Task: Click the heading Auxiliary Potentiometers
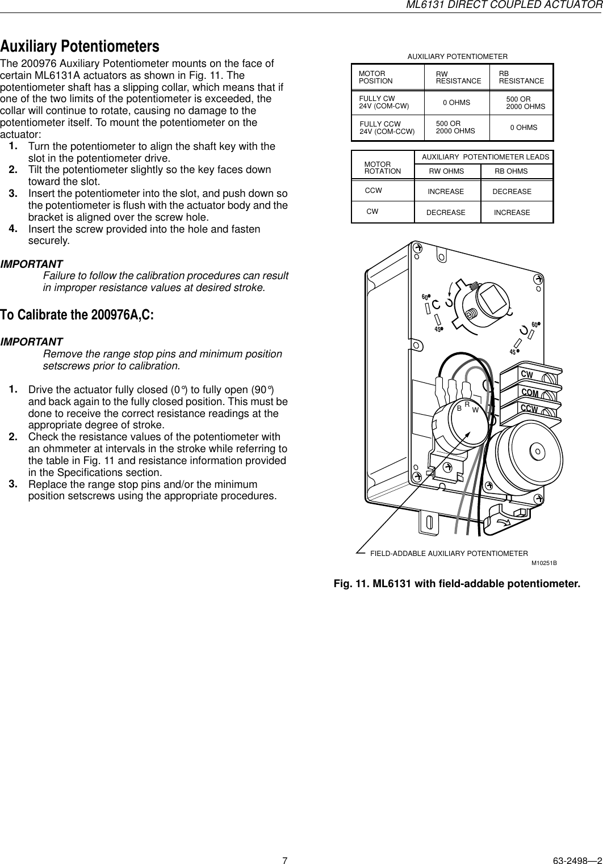79,45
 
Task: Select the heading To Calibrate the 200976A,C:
77,315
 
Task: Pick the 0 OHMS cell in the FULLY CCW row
524,128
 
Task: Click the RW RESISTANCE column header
458,78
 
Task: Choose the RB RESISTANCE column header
521,78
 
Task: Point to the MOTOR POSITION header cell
376,78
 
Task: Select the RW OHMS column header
446,171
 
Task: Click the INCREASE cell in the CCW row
446,192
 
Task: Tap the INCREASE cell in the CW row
512,213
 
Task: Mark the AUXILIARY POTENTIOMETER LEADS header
485,157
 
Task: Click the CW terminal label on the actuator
527,375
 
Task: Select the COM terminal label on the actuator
529,393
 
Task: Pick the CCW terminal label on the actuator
529,409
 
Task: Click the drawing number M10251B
543,563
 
